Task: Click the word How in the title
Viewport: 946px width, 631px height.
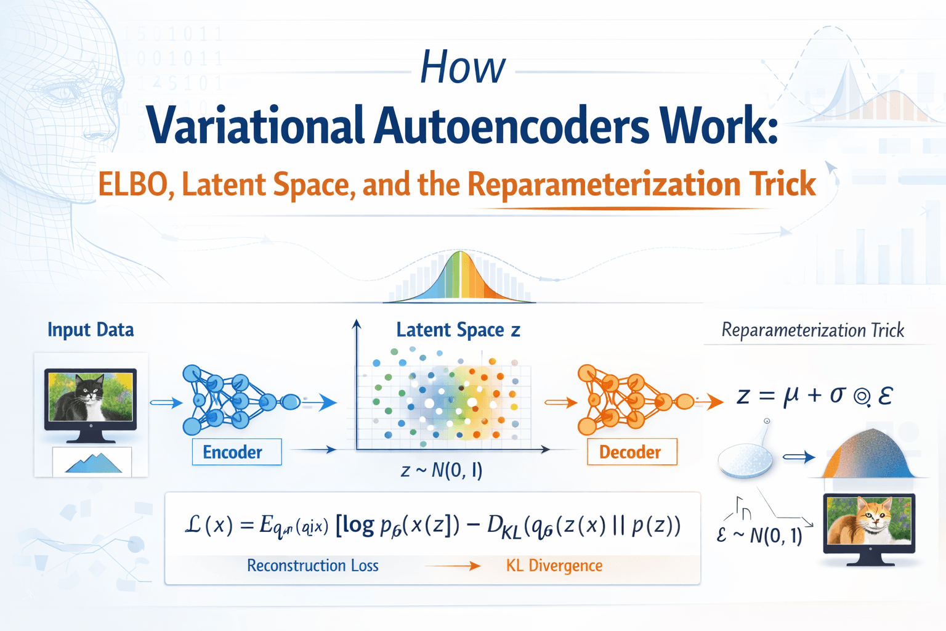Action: [x=463, y=67]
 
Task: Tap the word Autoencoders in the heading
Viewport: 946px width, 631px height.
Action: [x=511, y=126]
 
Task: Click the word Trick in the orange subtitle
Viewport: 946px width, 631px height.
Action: [x=782, y=184]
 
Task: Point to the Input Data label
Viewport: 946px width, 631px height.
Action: [x=91, y=330]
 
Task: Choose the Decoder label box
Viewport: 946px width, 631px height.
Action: [x=631, y=452]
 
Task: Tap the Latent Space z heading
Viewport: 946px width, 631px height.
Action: [x=458, y=330]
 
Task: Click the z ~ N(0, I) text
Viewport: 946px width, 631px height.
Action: [x=442, y=471]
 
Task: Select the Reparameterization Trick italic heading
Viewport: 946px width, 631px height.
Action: [x=812, y=330]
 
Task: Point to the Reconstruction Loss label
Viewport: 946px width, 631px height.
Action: [x=313, y=566]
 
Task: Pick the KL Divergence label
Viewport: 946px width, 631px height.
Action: [x=554, y=566]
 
